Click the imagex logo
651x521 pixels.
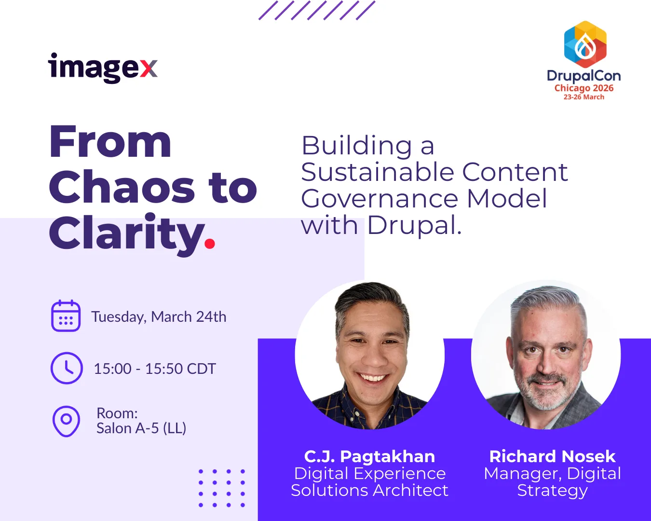click(103, 68)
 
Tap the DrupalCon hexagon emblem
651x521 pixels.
click(585, 44)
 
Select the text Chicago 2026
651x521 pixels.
click(584, 88)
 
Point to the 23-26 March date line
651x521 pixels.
click(584, 97)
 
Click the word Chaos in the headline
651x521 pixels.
click(122, 187)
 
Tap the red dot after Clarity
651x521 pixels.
click(210, 244)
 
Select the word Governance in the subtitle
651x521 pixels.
click(380, 199)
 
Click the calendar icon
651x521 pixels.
click(66, 316)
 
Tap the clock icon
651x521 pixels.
click(67, 368)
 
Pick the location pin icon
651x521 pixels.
click(66, 421)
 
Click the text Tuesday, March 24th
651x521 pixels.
click(159, 317)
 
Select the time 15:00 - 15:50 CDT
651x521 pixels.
click(155, 369)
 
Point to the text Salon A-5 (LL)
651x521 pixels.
click(141, 428)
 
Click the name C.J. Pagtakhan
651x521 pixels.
click(370, 456)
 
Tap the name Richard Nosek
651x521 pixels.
click(552, 456)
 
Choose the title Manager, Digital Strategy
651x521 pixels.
click(552, 482)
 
